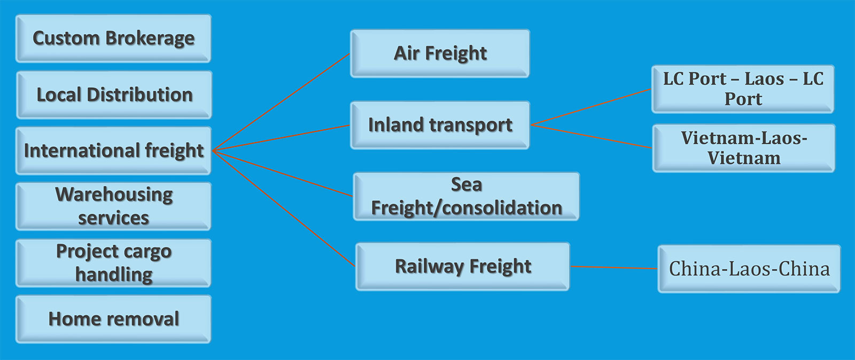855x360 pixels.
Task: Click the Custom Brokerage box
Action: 113,38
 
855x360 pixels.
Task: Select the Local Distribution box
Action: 114,95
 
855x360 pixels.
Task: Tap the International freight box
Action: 113,151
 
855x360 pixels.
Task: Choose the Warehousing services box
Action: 113,206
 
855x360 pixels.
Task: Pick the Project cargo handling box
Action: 113,263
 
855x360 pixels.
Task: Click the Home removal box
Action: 113,319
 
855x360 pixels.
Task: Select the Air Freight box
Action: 440,53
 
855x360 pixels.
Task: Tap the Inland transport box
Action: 440,125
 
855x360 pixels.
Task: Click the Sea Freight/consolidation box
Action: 466,196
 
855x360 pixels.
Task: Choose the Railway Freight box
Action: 463,267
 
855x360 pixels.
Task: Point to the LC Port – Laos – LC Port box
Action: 743,89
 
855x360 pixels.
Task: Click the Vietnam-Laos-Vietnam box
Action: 743,148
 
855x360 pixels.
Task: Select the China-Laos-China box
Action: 749,269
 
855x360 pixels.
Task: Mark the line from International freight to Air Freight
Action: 282,102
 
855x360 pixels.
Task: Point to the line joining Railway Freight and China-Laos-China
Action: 613,267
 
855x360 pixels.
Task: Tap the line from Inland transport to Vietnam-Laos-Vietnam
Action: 592,136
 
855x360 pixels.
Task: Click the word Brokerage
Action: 150,38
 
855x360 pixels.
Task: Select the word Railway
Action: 429,267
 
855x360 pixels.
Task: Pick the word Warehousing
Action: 114,194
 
